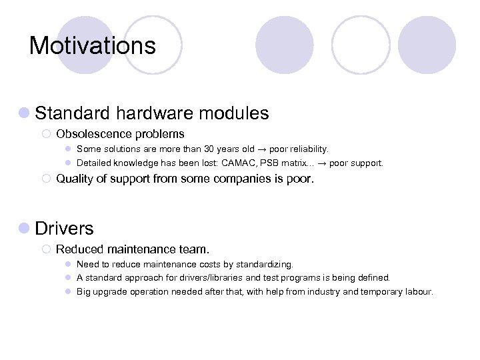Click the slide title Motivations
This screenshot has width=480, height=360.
[x=92, y=45]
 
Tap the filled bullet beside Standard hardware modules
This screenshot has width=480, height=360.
[x=24, y=113]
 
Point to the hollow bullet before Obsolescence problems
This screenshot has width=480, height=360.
[x=46, y=134]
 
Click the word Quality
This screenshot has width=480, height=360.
[x=74, y=179]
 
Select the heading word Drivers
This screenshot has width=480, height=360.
[x=64, y=228]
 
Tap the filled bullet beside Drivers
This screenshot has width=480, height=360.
[x=24, y=228]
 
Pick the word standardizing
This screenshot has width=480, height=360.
[x=265, y=265]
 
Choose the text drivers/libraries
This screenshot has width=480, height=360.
[x=187, y=278]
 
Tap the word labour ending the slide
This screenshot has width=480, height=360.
[x=417, y=291]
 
